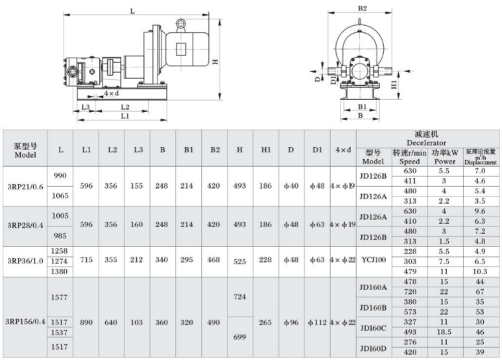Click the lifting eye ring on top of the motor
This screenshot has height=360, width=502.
181,24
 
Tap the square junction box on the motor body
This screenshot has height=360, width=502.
181,49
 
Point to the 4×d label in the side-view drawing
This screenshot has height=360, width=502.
111,93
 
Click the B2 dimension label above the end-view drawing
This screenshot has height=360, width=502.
362,8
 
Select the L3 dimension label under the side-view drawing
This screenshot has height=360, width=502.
85,106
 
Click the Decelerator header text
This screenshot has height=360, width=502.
426,143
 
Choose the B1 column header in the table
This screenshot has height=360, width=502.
189,150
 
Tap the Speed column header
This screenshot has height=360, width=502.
409,162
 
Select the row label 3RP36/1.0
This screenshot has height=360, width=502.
25,261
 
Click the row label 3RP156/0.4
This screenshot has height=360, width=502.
25,322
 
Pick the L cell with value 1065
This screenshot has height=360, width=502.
60,195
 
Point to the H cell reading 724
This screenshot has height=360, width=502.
240,296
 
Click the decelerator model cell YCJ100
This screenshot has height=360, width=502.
374,259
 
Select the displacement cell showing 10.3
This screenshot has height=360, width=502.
479,272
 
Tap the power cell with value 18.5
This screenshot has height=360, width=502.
444,332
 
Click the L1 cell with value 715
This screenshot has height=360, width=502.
86,259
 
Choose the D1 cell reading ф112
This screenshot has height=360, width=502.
317,322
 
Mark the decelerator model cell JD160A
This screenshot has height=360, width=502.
373,287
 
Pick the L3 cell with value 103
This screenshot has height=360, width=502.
136,322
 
